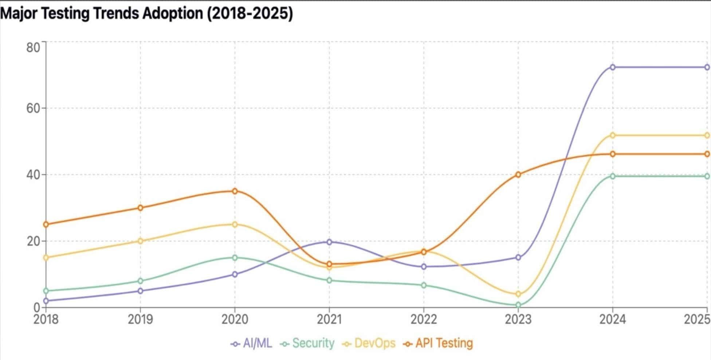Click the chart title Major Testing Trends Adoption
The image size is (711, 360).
[146, 14]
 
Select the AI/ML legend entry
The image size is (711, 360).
[252, 343]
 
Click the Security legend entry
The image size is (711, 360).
[308, 343]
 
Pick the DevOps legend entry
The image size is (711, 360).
[369, 343]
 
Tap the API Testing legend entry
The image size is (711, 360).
[439, 343]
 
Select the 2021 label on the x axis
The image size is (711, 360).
[329, 320]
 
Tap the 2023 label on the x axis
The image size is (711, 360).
[518, 320]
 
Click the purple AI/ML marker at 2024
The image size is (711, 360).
[613, 67]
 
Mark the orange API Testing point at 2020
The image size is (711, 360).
[235, 191]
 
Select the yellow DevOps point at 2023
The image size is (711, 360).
[518, 294]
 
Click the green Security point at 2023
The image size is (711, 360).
[518, 305]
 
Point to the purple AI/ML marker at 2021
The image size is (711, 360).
[329, 242]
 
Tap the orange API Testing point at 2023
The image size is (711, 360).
[518, 175]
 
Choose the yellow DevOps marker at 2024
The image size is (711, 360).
[613, 135]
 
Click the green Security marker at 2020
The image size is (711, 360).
[235, 258]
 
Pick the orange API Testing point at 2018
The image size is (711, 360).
[46, 224]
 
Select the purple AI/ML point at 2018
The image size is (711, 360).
[46, 301]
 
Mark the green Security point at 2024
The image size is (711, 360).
[613, 176]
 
